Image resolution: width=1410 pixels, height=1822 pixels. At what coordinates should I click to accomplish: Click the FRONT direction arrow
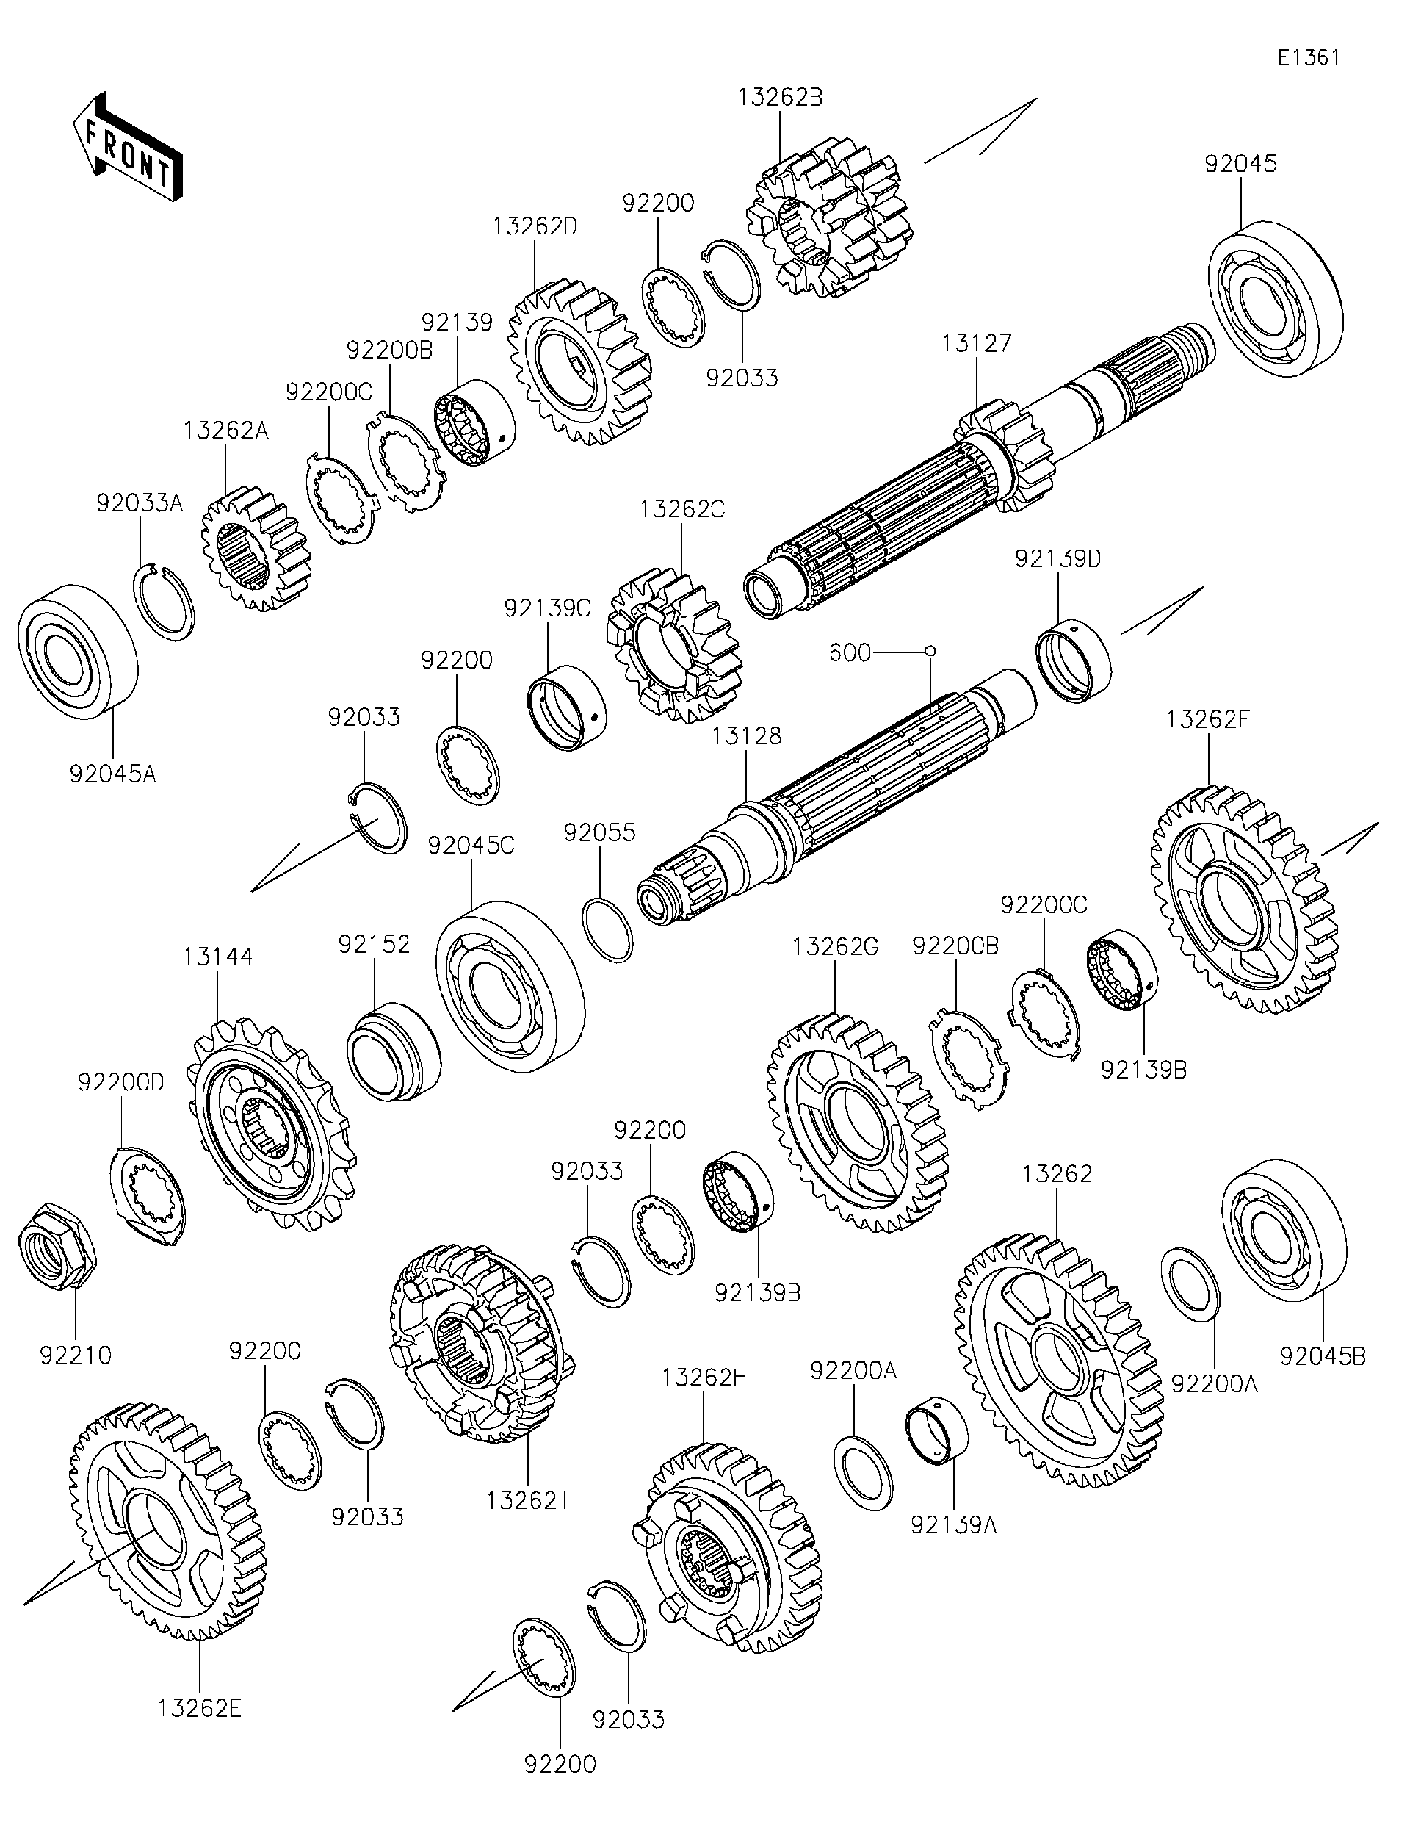click(127, 146)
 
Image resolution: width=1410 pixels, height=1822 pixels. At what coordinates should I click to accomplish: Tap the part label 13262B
click(780, 98)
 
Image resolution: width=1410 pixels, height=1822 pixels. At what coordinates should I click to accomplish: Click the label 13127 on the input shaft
click(977, 343)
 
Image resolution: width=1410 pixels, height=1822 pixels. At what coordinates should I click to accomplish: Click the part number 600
click(850, 652)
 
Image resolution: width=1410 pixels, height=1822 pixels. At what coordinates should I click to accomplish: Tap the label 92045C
click(471, 846)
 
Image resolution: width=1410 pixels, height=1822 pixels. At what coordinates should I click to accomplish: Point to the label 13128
click(746, 736)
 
